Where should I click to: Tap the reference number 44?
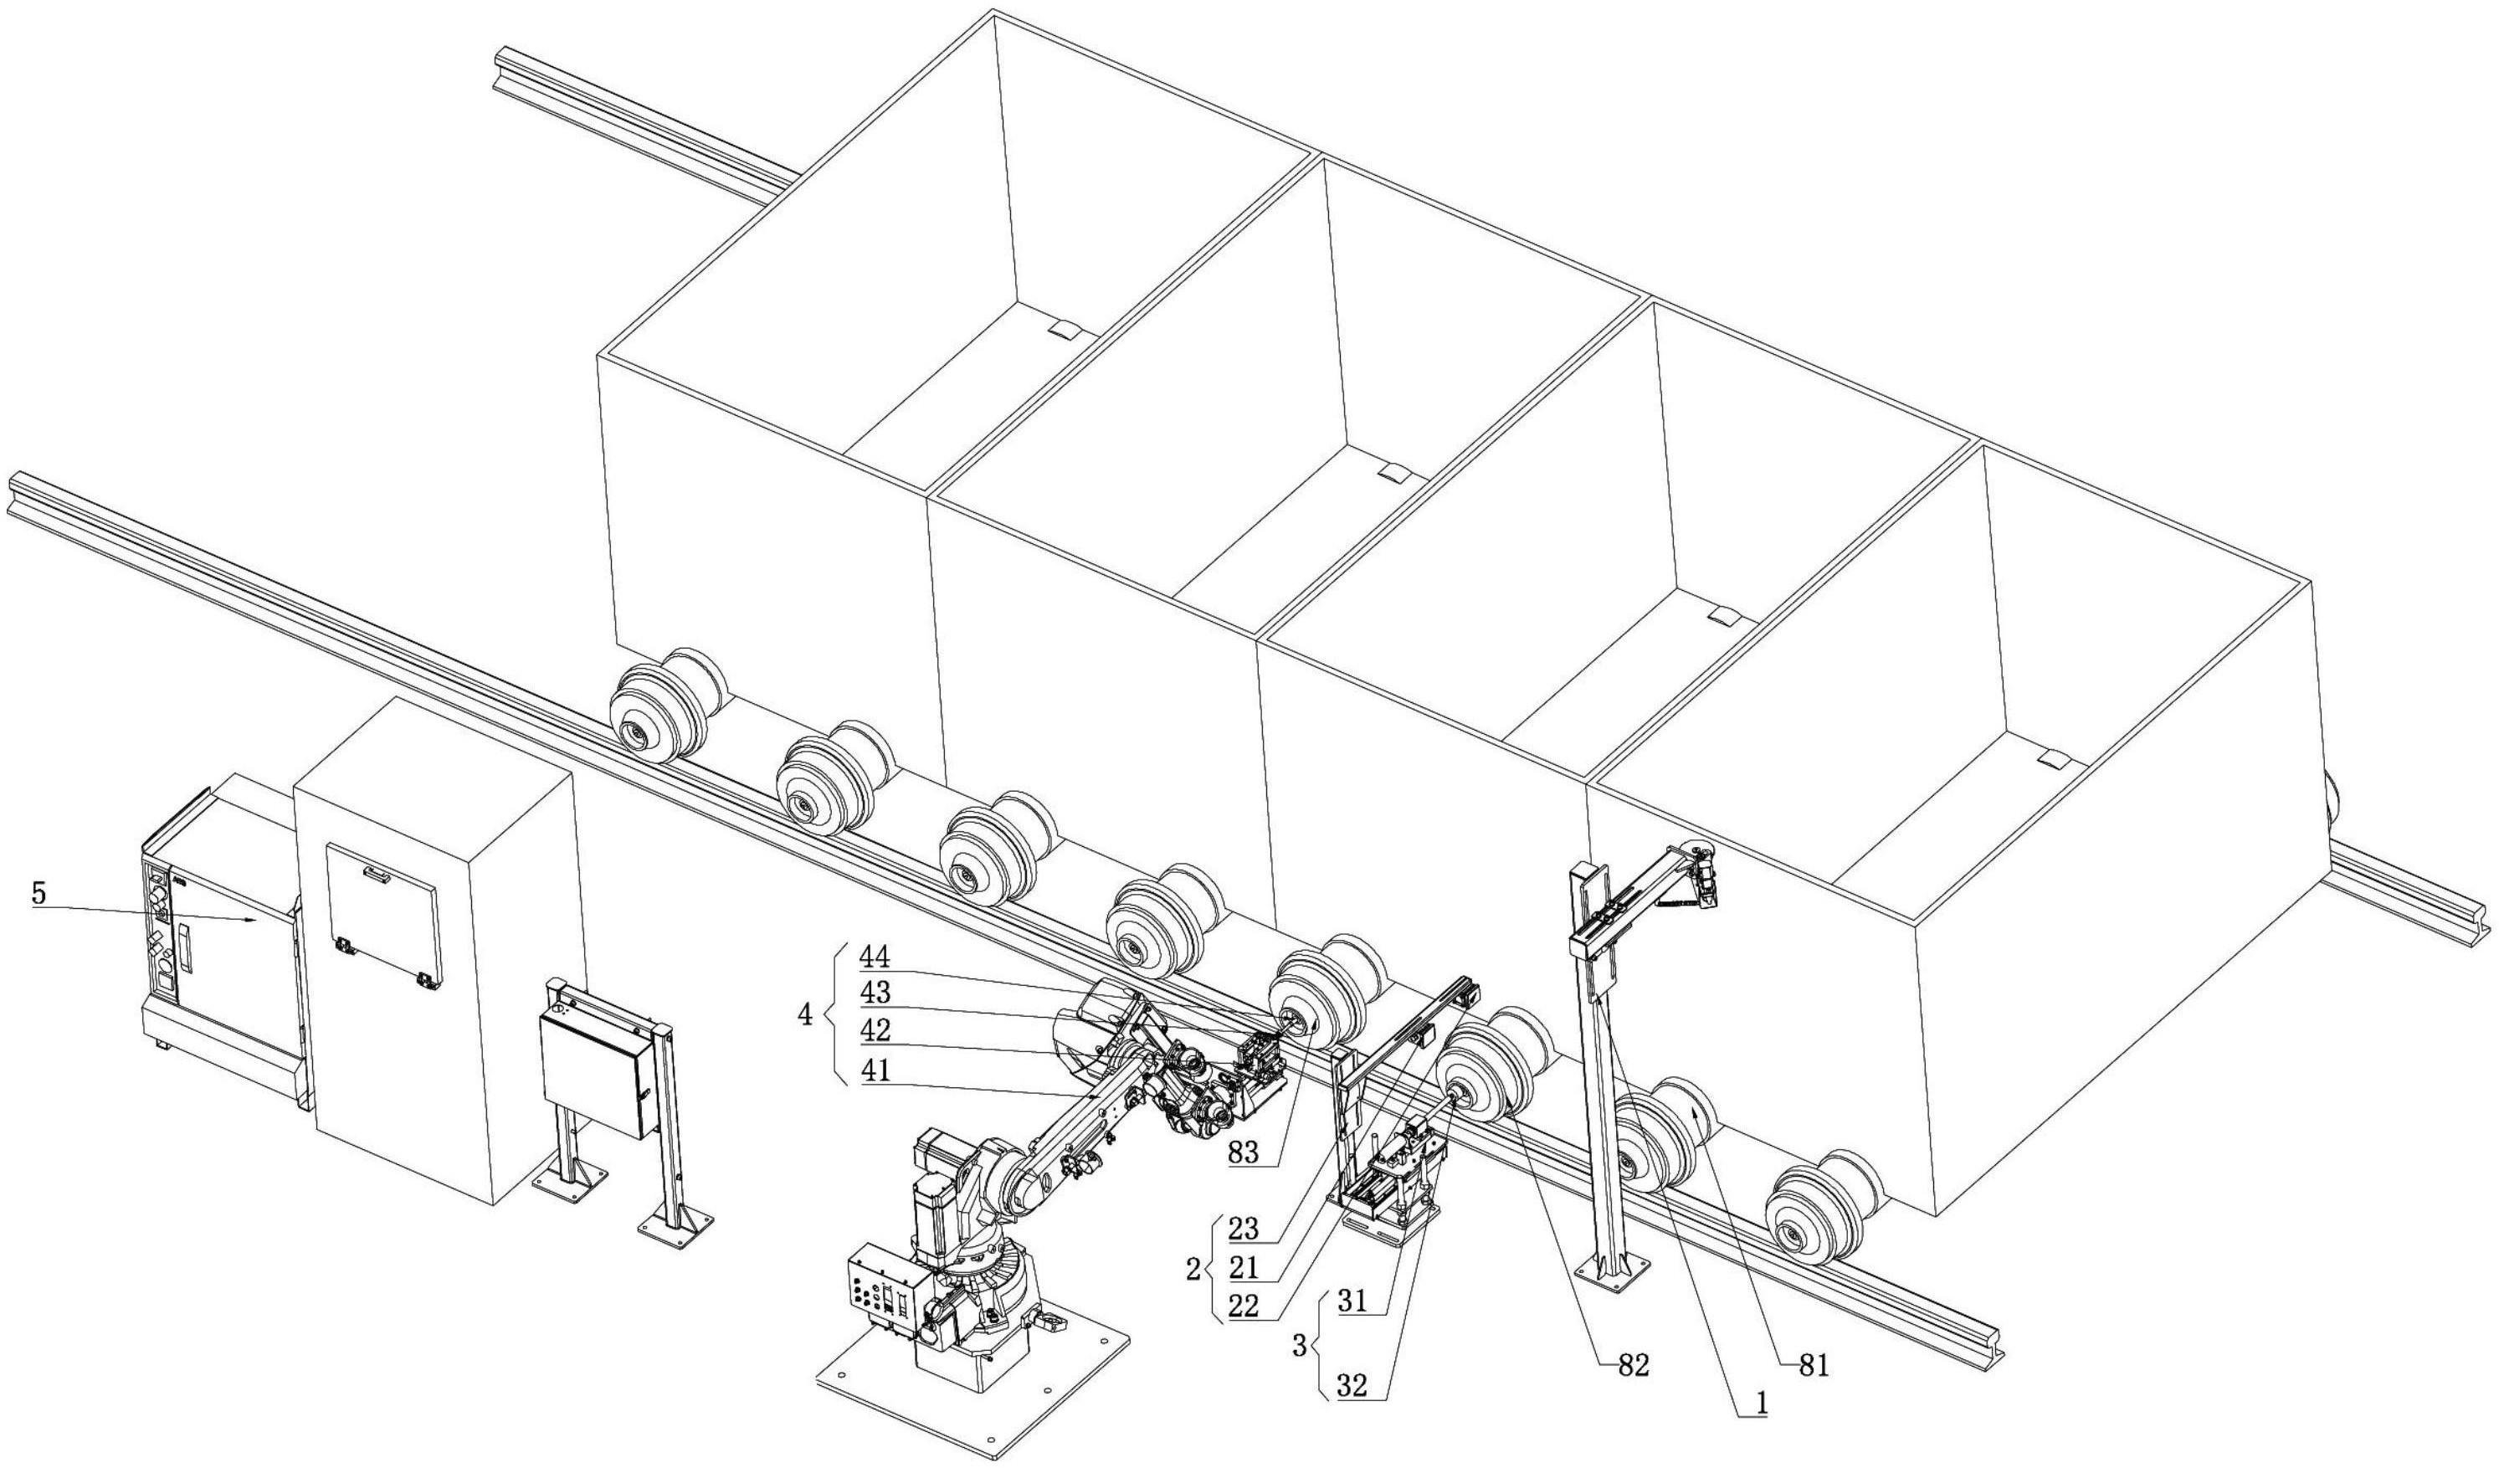pos(875,957)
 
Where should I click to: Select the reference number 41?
pos(875,1071)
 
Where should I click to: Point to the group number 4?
pos(806,1014)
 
